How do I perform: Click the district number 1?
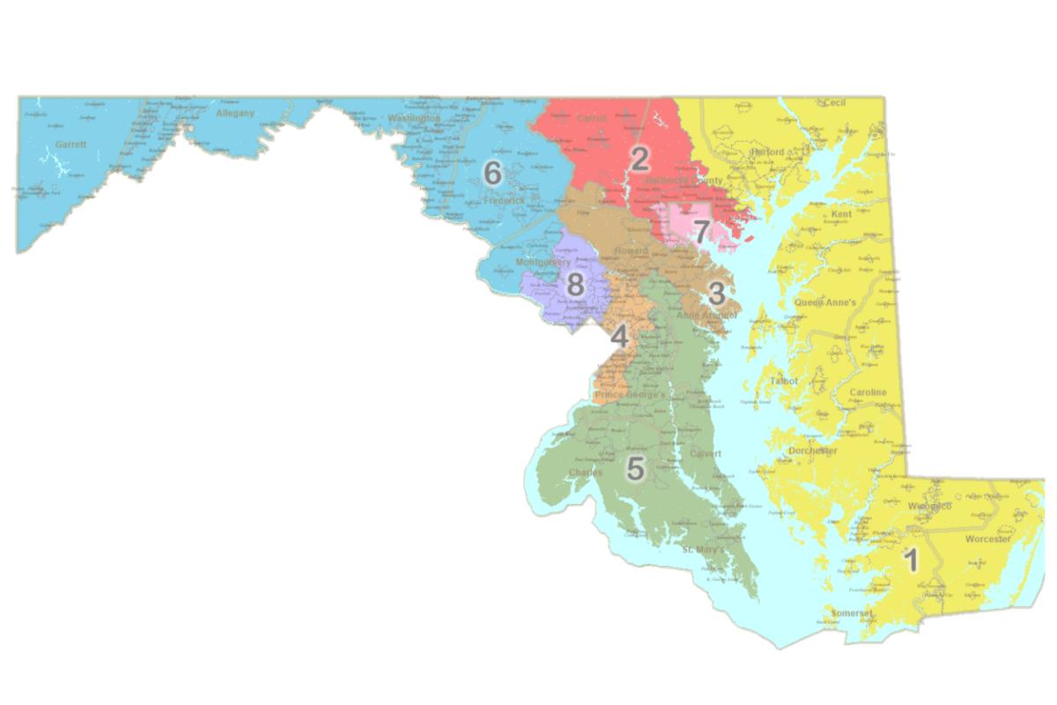(x=912, y=560)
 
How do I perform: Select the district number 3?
(x=717, y=293)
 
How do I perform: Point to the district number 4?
(x=620, y=337)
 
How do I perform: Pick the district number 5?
(x=635, y=469)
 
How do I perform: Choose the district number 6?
(x=492, y=174)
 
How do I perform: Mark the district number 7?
(x=700, y=233)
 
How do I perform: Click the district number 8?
(x=574, y=284)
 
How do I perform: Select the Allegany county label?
(x=234, y=113)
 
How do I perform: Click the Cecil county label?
(x=834, y=103)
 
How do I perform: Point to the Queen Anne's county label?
(x=825, y=302)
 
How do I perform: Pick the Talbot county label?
(x=783, y=381)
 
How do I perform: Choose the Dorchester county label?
(x=813, y=450)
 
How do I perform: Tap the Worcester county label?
(x=987, y=538)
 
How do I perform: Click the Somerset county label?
(x=851, y=612)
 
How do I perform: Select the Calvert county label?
(x=706, y=454)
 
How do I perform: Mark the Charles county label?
(x=586, y=472)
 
